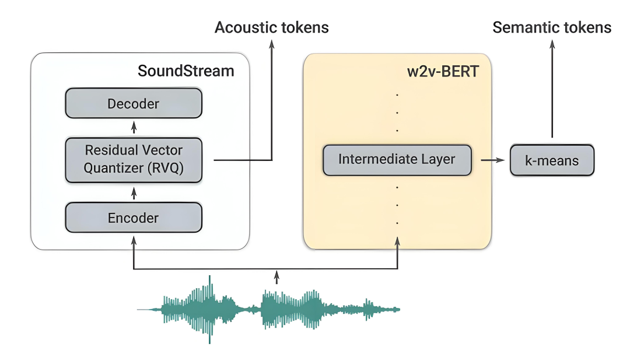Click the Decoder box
[x=134, y=103]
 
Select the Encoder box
[x=134, y=218]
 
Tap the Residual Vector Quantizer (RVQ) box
[x=134, y=160]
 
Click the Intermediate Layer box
[x=397, y=160]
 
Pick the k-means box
[x=552, y=160]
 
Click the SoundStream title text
[x=185, y=71]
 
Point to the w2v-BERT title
[x=443, y=72]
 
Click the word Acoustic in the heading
[x=246, y=27]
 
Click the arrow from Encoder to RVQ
[x=134, y=194]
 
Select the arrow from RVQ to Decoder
[x=134, y=128]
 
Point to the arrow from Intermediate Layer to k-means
[x=492, y=160]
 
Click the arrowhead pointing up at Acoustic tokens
[x=272, y=44]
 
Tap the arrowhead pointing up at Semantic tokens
[x=552, y=44]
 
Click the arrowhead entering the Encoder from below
[x=134, y=241]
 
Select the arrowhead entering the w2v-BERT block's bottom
[x=397, y=242]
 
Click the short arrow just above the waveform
[x=276, y=277]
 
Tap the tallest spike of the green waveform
[x=209, y=309]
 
